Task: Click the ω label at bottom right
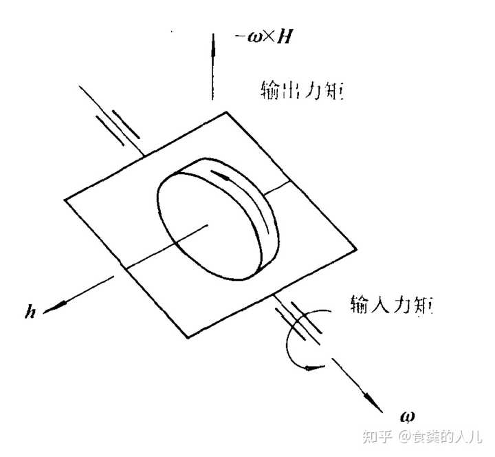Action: pyautogui.click(x=407, y=416)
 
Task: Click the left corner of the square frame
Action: pyautogui.click(x=65, y=200)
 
